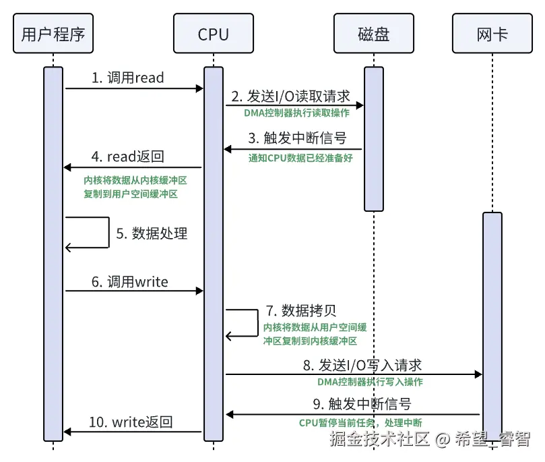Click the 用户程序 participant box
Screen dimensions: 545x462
(53, 34)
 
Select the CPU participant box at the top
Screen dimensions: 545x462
(214, 34)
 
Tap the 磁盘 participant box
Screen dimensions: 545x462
(374, 34)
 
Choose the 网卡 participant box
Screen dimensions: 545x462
(492, 34)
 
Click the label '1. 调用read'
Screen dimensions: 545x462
(127, 78)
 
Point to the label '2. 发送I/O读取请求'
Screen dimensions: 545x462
(290, 96)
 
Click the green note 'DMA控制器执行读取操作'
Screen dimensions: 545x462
(296, 113)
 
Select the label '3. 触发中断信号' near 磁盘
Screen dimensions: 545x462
(297, 138)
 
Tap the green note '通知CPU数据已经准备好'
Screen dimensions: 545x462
(300, 158)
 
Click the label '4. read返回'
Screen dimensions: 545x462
(127, 156)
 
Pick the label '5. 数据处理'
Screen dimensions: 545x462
(152, 233)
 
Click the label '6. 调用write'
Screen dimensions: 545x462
(129, 281)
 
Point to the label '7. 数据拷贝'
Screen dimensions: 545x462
(301, 310)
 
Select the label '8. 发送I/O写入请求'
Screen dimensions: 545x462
(362, 366)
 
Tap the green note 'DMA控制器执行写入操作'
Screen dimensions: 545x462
(370, 382)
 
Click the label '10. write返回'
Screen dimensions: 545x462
(131, 422)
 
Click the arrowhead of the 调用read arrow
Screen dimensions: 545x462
(200, 88)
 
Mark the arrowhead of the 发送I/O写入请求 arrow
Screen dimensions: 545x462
(478, 374)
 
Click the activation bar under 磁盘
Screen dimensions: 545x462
(374, 139)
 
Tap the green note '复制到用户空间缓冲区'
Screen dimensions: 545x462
(131, 194)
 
